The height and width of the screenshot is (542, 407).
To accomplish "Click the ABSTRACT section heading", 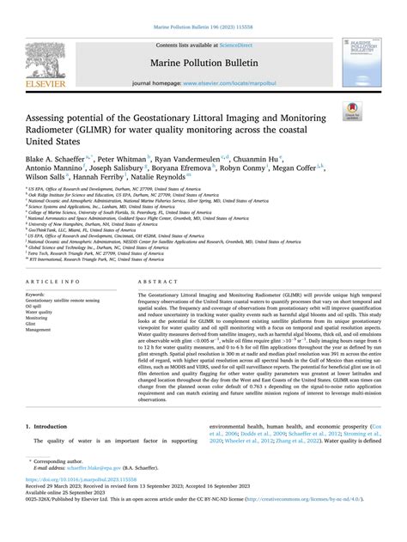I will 155,281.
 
